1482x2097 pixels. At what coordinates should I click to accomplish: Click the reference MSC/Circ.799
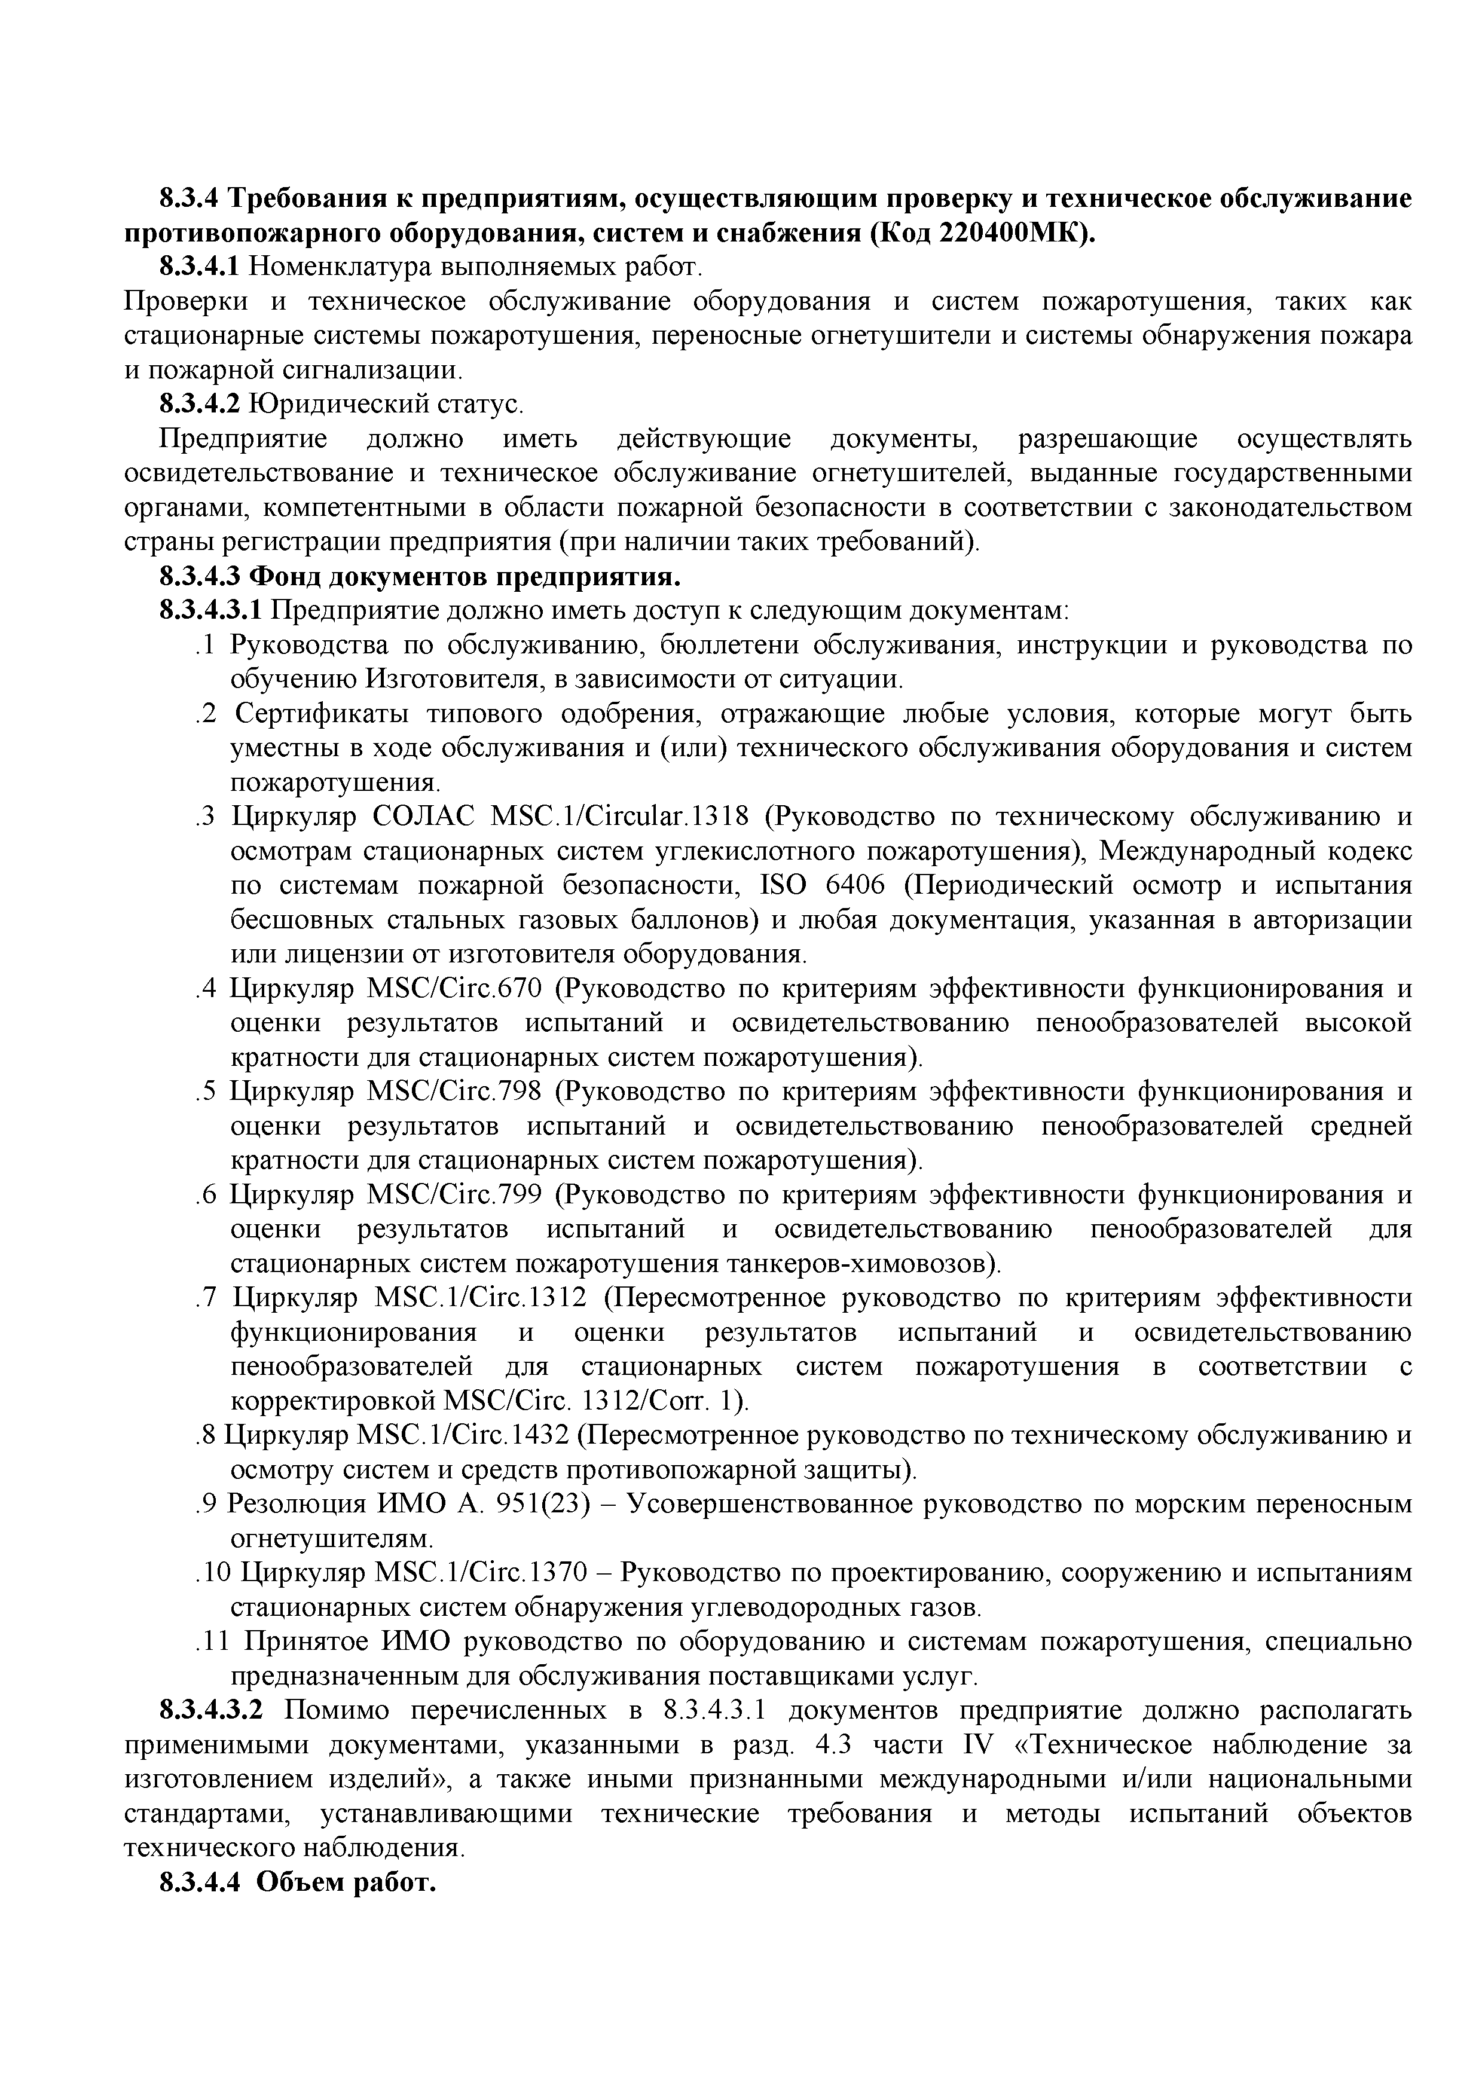[454, 1194]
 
